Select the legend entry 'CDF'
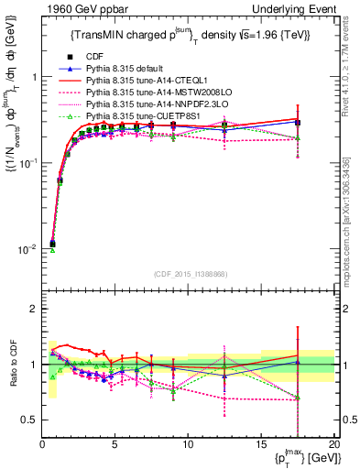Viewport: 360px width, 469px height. point(93,57)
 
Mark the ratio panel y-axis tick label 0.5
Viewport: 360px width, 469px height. point(29,420)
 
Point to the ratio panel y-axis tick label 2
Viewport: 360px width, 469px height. point(34,309)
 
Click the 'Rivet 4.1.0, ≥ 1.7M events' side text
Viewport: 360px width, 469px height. point(351,79)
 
